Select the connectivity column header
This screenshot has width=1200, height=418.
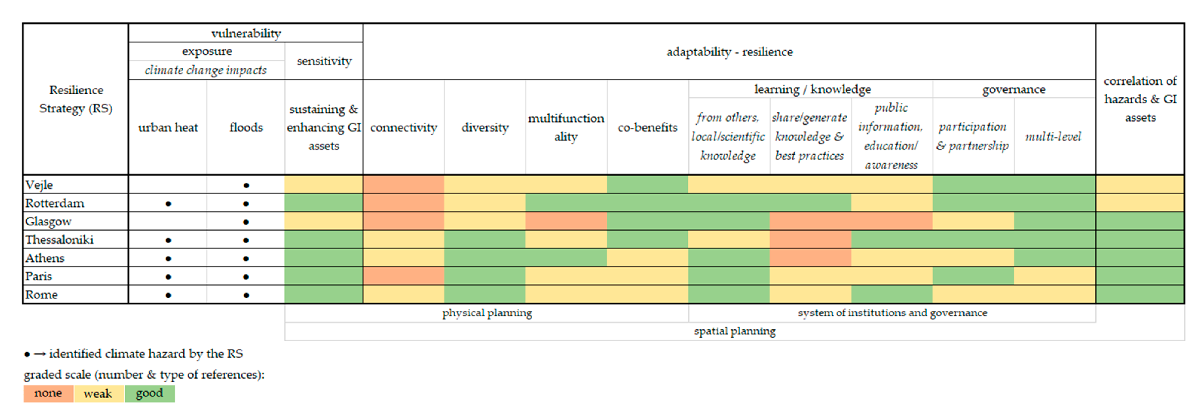coord(403,127)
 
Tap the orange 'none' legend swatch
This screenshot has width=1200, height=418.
coord(48,393)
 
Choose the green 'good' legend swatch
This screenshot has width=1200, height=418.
coord(149,393)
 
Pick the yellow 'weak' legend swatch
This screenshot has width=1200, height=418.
coord(98,393)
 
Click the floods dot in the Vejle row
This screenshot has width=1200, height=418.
coord(246,185)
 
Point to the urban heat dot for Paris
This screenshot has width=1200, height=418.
coord(168,277)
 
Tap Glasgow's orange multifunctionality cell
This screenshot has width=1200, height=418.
coord(566,221)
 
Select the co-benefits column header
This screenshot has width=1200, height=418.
coord(648,127)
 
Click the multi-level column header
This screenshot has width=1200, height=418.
coord(1053,137)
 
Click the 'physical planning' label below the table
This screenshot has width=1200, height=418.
coord(487,313)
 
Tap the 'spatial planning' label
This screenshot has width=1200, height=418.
coord(735,331)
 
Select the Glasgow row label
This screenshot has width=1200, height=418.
coord(48,221)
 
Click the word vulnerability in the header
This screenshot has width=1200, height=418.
coord(246,33)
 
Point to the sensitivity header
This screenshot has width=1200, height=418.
coord(324,61)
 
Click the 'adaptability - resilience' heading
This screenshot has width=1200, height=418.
coord(729,52)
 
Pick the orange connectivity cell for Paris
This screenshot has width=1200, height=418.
coord(403,276)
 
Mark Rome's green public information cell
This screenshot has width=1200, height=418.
coord(892,295)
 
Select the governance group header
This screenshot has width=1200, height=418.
coord(1014,89)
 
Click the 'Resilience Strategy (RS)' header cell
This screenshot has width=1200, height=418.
coord(76,99)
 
